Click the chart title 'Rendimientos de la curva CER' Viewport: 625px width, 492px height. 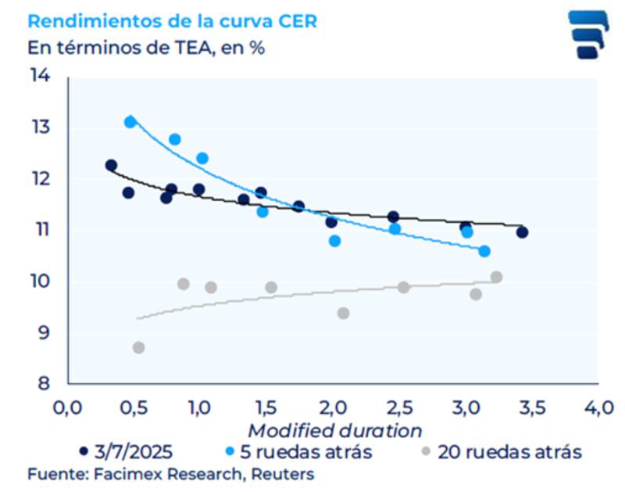click(x=172, y=21)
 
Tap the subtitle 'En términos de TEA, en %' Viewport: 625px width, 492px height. click(x=145, y=47)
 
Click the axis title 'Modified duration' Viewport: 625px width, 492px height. click(x=334, y=431)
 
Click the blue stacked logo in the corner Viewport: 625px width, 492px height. click(x=587, y=34)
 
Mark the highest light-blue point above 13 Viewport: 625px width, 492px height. click(x=130, y=122)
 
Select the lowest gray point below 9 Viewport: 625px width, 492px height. click(x=138, y=347)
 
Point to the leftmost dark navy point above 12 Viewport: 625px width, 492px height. click(x=111, y=165)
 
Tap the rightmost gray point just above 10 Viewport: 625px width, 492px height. click(x=496, y=277)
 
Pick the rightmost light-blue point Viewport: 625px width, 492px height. click(x=484, y=251)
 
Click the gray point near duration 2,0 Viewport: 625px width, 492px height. click(x=343, y=313)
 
